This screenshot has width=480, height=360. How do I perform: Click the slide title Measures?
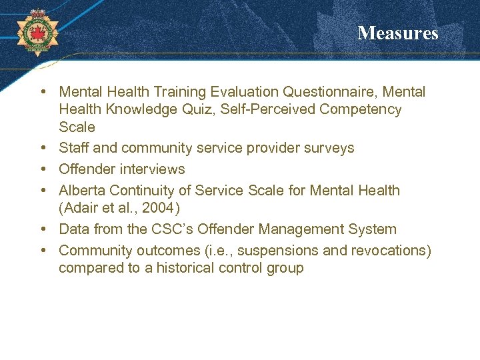[x=397, y=33]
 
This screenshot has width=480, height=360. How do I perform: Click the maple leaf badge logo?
[x=37, y=32]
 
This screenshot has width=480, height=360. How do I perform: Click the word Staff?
[x=73, y=147]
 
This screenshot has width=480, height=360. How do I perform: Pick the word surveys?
[x=329, y=147]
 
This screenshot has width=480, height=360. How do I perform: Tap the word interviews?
[x=150, y=169]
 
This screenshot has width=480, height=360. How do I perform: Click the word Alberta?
[x=81, y=190]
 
